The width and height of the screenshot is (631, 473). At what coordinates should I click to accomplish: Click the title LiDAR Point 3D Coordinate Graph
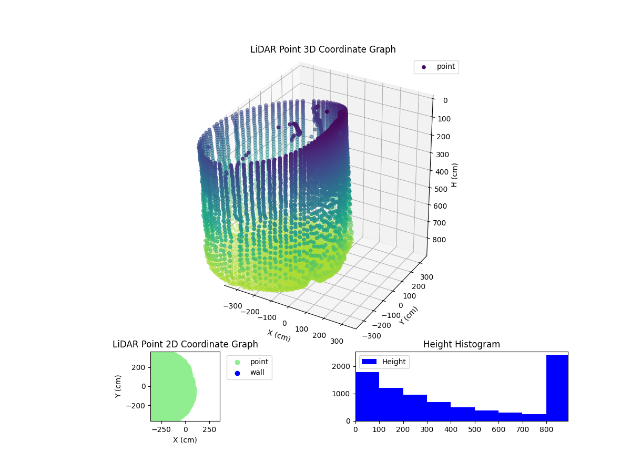[x=323, y=49]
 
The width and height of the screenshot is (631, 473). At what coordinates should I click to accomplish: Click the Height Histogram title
[x=461, y=344]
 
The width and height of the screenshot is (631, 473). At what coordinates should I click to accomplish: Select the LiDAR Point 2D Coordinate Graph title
[x=185, y=344]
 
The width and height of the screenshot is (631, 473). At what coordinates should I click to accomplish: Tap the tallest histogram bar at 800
[x=557, y=388]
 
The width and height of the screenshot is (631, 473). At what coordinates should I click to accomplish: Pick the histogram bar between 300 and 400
[x=439, y=412]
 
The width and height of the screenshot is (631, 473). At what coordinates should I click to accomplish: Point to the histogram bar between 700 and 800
[x=534, y=417]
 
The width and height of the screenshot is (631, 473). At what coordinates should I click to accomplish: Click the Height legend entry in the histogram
[x=384, y=362]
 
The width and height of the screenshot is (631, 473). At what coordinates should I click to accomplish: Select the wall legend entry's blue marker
[x=237, y=373]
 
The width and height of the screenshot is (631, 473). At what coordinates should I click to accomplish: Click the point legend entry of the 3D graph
[x=436, y=67]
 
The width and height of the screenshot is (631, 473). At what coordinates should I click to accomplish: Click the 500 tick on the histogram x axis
[x=475, y=429]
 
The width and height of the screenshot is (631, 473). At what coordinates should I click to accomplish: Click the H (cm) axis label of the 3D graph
[x=455, y=175]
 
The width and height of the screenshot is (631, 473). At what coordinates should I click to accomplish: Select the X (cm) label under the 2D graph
[x=185, y=440]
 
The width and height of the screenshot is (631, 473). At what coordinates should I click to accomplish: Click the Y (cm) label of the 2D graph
[x=119, y=386]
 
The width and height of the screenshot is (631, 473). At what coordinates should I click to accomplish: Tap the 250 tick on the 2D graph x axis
[x=210, y=429]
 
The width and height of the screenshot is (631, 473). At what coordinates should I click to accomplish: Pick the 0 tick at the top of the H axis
[x=445, y=101]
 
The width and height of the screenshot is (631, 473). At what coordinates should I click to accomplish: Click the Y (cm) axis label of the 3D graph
[x=409, y=315]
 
